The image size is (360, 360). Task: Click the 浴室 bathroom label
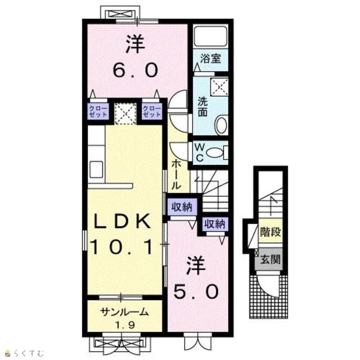210,58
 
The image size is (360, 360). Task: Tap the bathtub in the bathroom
210,36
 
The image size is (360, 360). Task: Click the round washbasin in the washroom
222,125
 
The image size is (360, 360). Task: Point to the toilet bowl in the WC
215,152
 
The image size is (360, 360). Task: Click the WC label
200,152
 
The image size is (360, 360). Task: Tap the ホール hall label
176,174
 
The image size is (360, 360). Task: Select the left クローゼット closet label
98,111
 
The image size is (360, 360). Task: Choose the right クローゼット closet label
152,111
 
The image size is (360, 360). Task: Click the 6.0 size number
136,70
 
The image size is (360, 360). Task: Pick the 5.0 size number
196,291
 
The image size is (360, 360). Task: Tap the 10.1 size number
121,247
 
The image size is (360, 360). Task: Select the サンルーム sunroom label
124,312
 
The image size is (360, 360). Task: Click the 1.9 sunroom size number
125,325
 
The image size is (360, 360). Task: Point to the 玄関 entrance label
270,260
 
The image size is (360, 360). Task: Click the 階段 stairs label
270,232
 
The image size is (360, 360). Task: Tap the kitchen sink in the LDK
96,169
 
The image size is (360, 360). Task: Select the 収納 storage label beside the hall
182,208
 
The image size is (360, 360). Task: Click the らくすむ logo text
29,353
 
